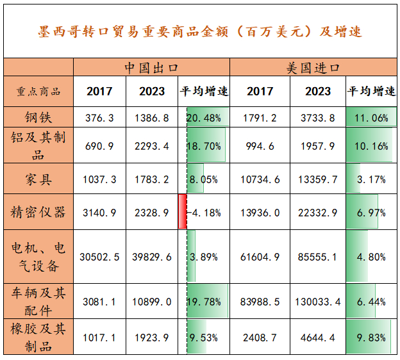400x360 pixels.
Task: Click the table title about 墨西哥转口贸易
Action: [x=200, y=31]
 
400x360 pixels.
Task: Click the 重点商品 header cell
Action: [x=38, y=92]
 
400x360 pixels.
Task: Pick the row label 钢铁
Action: [x=38, y=117]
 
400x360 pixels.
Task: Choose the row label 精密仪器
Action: [x=38, y=211]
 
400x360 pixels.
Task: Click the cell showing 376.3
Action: [x=99, y=117]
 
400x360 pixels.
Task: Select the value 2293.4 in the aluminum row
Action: [x=151, y=146]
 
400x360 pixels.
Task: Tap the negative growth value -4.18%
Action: [x=204, y=212]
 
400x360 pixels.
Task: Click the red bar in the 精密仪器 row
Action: [x=182, y=211]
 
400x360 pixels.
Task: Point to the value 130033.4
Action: [x=318, y=301]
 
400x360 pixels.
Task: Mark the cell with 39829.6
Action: [x=151, y=257]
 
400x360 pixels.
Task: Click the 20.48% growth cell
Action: [x=204, y=117]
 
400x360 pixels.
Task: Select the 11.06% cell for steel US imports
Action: [x=371, y=117]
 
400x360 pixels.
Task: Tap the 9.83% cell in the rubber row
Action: [x=371, y=336]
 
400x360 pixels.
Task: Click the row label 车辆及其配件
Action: [x=38, y=301]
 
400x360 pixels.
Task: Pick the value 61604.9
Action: [x=260, y=257]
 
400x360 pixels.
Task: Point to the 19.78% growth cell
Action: [x=204, y=301]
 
